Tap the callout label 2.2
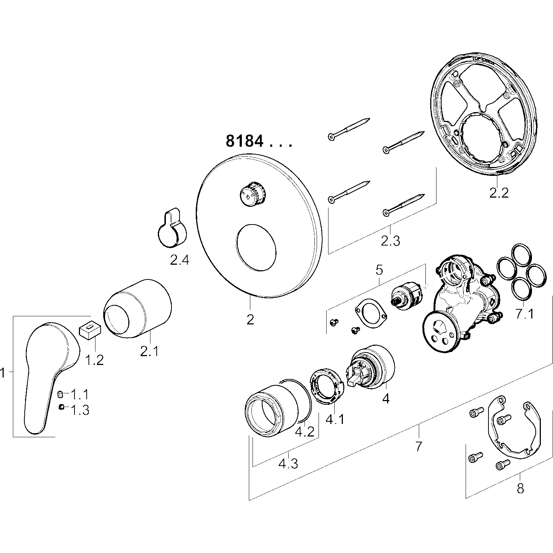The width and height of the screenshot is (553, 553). pos(499,192)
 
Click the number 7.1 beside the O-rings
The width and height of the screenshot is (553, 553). pos(524,314)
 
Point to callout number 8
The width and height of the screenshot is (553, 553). pos(520,488)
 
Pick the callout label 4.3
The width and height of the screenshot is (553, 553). pos(288,463)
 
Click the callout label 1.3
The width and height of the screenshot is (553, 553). pos(80,410)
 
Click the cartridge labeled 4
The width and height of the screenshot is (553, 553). pos(372,367)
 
